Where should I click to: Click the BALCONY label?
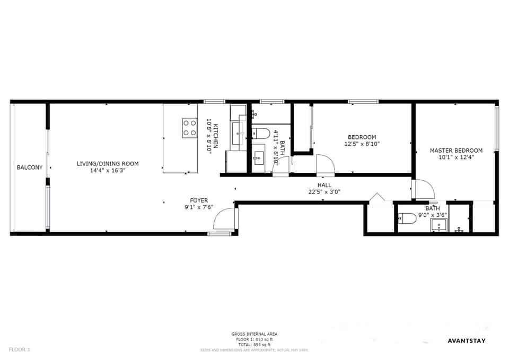point(30,168)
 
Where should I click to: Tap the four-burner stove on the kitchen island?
point(190,128)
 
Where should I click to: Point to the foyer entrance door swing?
point(225,218)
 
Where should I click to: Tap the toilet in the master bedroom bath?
point(407,218)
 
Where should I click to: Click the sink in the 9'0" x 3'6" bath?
point(438,226)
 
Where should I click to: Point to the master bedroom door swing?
point(424,189)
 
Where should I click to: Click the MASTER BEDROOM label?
point(456,151)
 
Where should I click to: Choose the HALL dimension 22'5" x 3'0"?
point(324,192)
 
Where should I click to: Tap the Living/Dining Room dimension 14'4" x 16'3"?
point(108,171)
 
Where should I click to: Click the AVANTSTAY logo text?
point(467,340)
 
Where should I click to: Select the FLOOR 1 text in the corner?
point(20,349)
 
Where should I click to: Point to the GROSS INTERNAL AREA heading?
point(254,334)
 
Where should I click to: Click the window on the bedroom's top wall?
point(363,101)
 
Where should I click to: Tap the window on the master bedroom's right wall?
point(497,129)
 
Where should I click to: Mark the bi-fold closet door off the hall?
point(377,198)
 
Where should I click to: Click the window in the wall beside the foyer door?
point(219,233)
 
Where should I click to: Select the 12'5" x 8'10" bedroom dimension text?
point(362,144)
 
